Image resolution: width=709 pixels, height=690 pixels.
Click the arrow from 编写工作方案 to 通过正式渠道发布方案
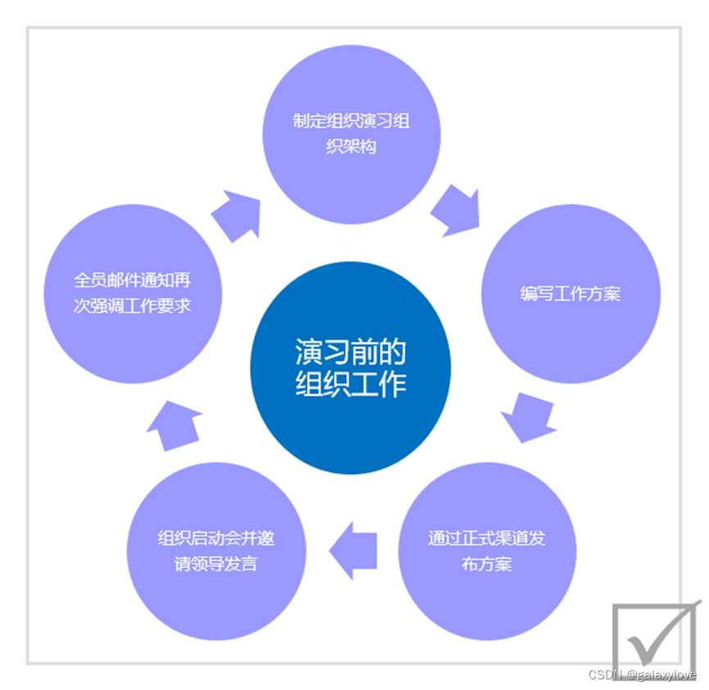pos(528,417)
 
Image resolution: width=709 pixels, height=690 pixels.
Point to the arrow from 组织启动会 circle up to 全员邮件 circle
pos(175,424)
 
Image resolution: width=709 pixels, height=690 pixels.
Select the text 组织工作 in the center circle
pos(350,384)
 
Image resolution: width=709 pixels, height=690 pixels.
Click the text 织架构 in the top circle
pos(352,148)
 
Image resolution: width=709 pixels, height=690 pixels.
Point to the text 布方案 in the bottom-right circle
pos(487,564)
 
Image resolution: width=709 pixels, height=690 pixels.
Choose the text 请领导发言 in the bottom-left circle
pos(216,564)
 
